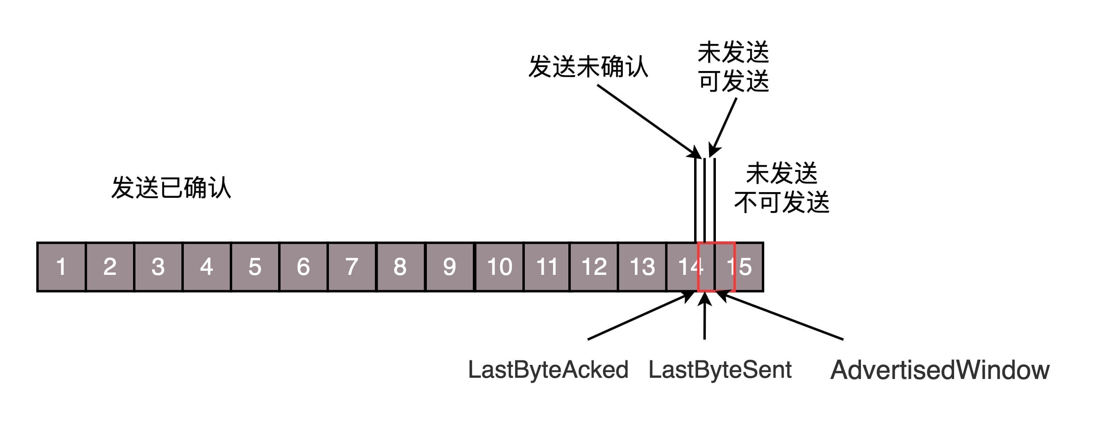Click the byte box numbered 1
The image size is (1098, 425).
61,267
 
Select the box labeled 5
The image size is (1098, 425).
255,267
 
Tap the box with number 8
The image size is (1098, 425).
400,267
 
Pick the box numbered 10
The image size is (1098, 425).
499,267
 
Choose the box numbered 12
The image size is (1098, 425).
594,267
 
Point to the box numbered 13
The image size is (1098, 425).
642,267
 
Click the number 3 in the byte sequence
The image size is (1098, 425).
158,267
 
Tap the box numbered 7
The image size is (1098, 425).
351,267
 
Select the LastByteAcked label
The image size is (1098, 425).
548,370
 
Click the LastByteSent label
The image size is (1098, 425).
720,370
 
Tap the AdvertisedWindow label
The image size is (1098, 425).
940,370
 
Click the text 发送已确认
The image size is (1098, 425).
171,188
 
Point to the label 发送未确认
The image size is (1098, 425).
588,67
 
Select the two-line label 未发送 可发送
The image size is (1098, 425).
733,67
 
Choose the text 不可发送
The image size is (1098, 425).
782,202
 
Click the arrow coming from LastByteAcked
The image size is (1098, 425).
639,316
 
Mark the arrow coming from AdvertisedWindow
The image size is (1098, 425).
780,316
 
